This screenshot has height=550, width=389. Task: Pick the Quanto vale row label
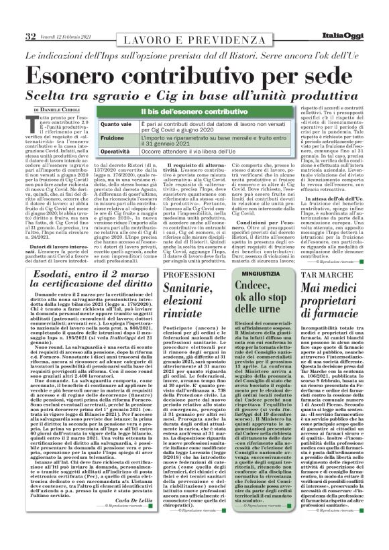tap(98, 125)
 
